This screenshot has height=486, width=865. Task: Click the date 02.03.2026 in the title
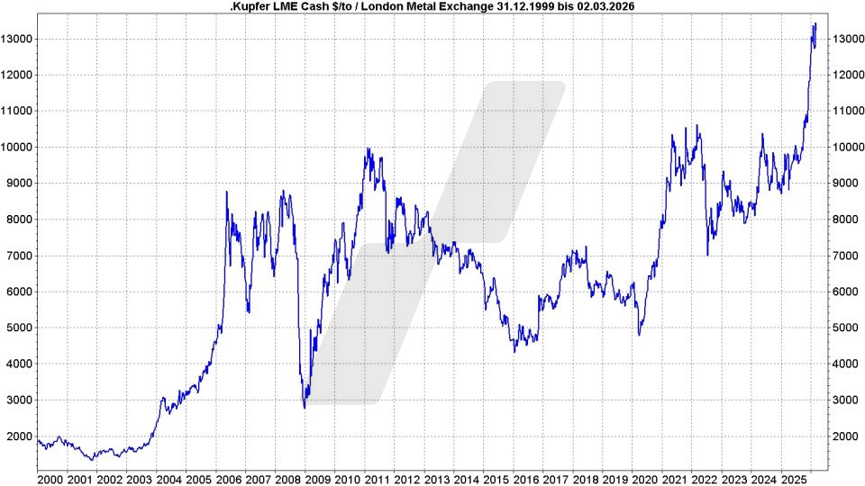[x=617, y=6]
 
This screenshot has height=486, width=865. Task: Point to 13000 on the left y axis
[x=17, y=40]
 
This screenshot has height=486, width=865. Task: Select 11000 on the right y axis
[x=847, y=112]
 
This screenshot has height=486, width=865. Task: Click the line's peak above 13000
[x=815, y=24]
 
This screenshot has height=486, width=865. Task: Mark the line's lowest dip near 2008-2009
[x=305, y=408]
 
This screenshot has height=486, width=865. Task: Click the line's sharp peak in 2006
[x=226, y=192]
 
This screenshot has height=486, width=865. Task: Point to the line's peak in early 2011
[x=367, y=149]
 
